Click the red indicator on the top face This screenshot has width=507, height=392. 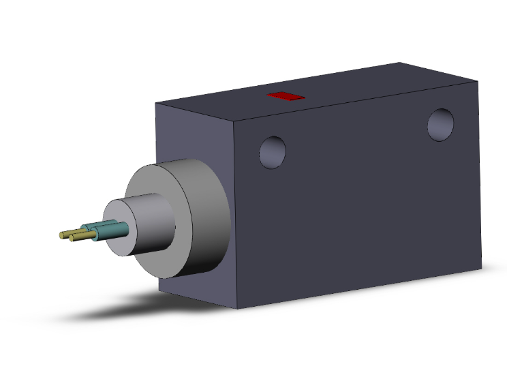click(x=286, y=97)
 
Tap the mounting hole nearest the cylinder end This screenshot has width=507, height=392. click(x=273, y=151)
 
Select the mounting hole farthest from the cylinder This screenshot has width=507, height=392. click(x=441, y=125)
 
